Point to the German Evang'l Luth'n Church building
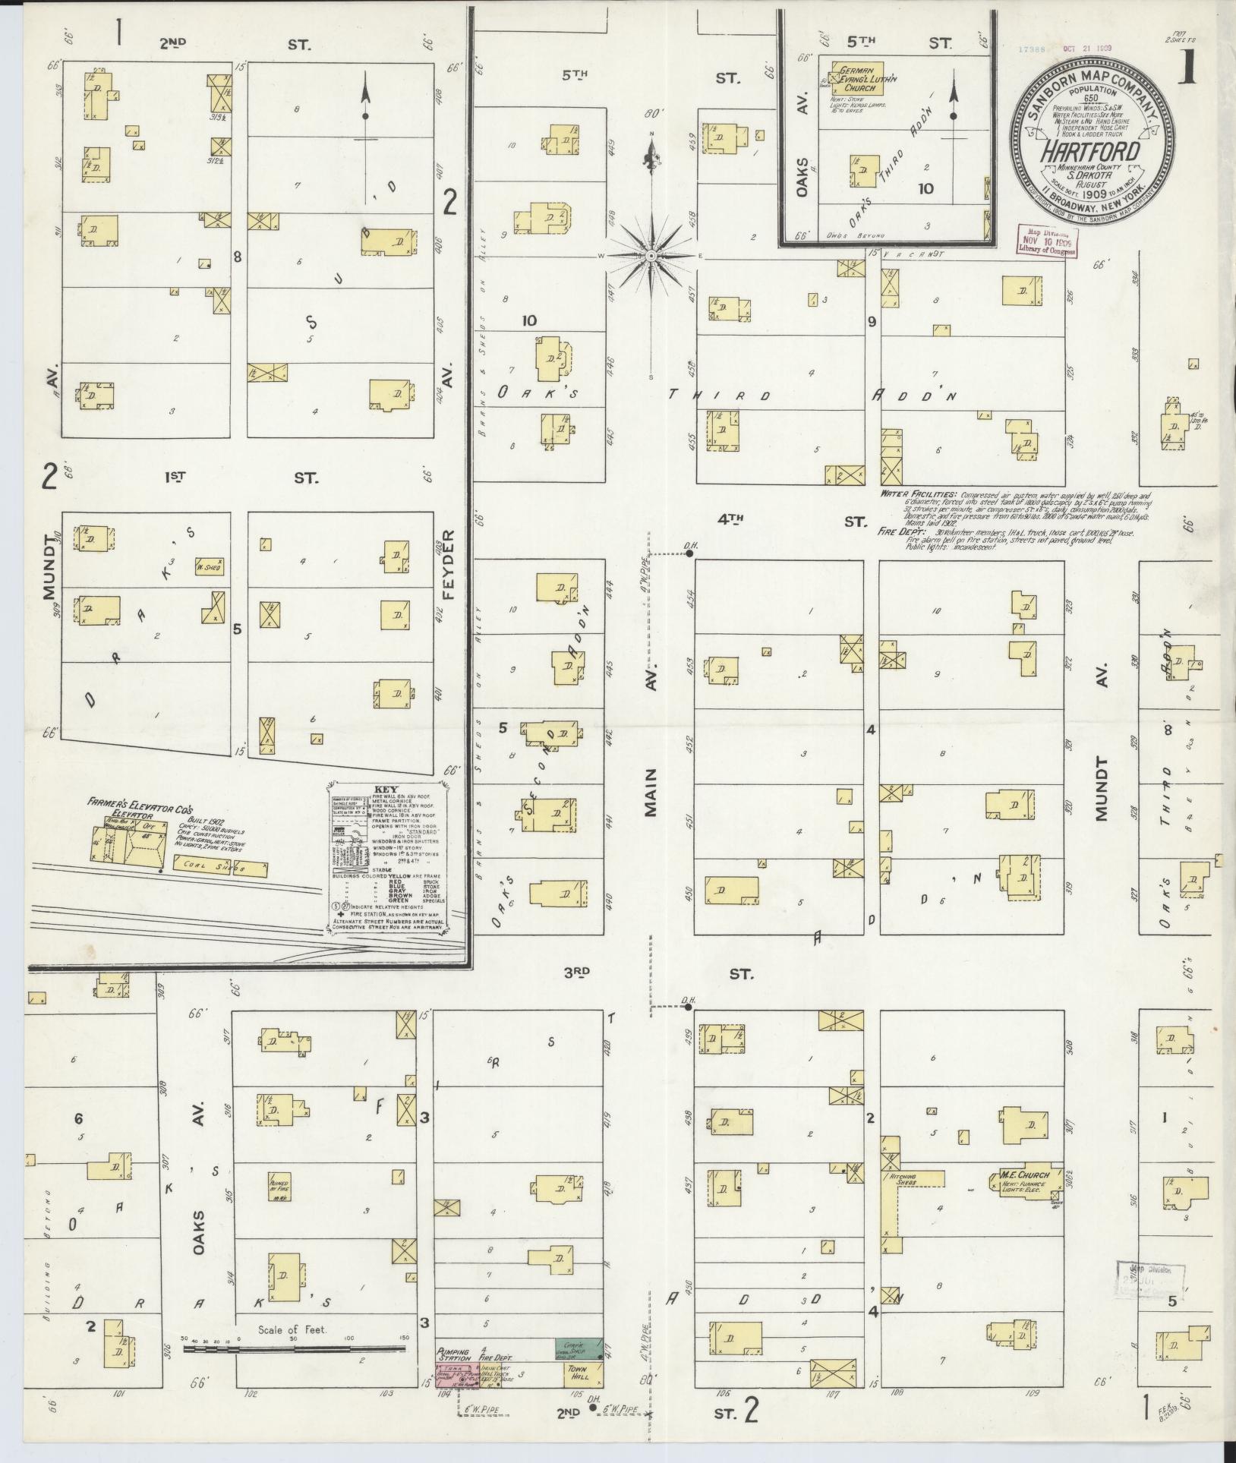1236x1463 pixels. pos(858,77)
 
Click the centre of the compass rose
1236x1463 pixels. pos(651,256)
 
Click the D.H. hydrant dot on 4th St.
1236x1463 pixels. pos(690,554)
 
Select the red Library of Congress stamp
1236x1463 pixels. pos(1045,241)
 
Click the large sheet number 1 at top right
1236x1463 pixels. pos(1188,69)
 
